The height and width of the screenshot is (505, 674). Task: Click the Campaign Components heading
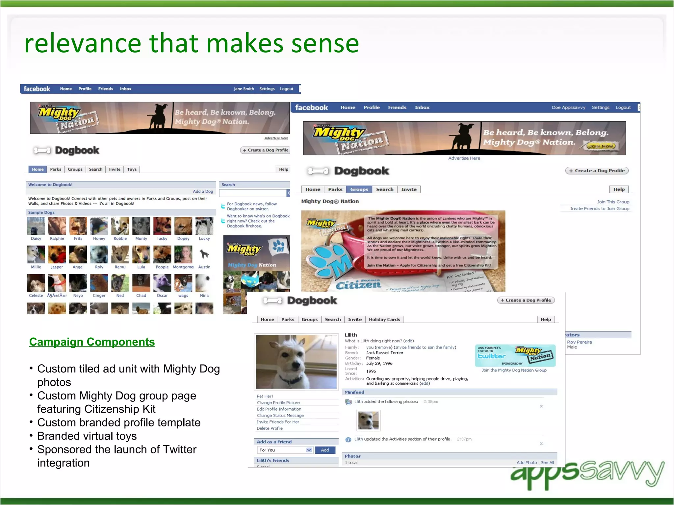92,342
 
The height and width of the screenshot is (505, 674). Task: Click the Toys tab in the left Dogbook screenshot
132,169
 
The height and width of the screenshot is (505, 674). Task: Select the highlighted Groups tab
359,189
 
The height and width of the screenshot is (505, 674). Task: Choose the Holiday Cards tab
384,319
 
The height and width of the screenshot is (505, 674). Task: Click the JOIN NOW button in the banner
601,146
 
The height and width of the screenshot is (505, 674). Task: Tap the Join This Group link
613,202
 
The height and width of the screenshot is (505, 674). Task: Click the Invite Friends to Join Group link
599,208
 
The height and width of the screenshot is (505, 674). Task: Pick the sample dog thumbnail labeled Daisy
36,226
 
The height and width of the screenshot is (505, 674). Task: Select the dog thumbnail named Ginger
99,283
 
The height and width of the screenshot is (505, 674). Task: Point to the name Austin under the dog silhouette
204,267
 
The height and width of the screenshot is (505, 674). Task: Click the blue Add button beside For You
325,450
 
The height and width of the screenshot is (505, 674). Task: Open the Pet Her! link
265,396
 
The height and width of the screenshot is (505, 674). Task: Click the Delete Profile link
270,428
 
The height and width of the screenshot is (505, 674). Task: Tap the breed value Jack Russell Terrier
384,353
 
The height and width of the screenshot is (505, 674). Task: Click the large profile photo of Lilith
296,362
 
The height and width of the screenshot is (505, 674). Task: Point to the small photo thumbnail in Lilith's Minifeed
368,420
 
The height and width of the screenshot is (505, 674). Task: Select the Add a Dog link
203,191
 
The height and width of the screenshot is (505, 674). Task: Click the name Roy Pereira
579,342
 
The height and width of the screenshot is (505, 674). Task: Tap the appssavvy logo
587,473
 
